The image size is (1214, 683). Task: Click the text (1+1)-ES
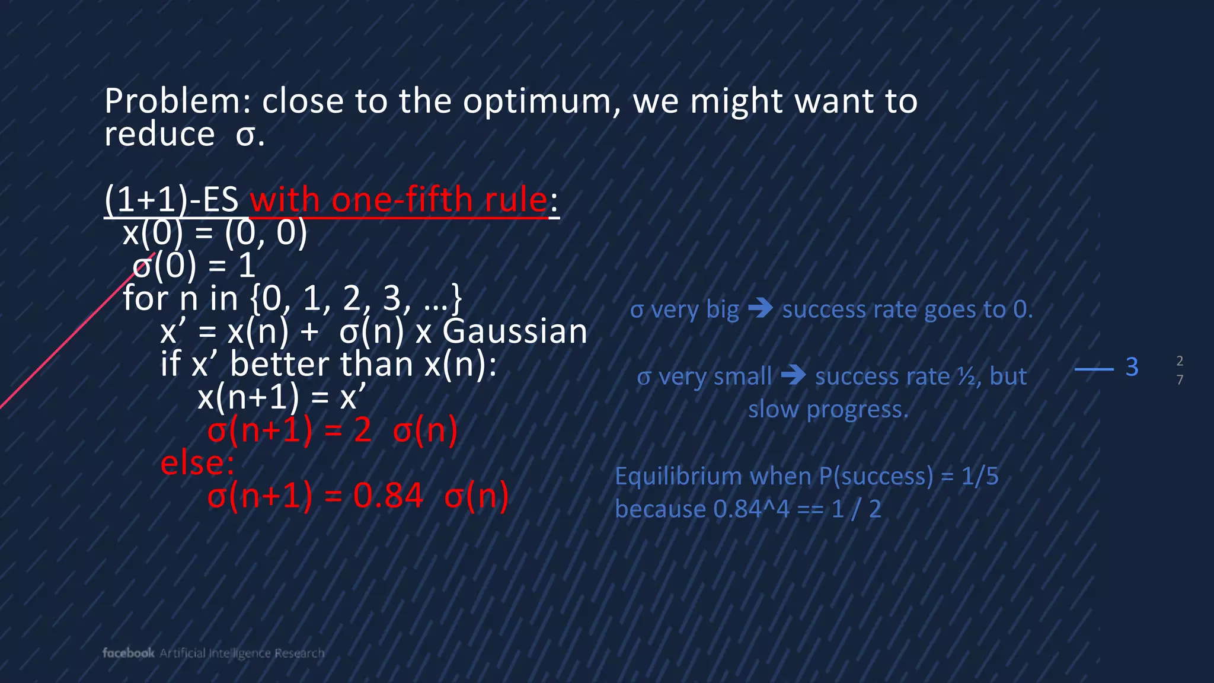click(x=171, y=200)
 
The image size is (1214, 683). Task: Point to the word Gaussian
click(x=515, y=331)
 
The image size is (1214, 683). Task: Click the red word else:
click(x=197, y=463)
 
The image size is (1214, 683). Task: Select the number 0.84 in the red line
click(x=388, y=496)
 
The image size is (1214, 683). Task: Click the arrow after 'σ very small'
click(x=793, y=375)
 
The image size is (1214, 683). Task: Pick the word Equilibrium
click(x=679, y=477)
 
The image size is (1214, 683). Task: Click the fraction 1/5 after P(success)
click(x=979, y=477)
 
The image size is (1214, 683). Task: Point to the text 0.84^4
click(x=751, y=509)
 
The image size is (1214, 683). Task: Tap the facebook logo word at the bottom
click(x=128, y=653)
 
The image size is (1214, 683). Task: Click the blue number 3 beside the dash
click(x=1132, y=367)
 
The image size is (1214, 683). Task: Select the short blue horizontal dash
click(x=1094, y=369)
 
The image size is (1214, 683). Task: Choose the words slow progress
click(x=828, y=409)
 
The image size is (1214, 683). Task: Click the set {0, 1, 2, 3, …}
click(x=356, y=298)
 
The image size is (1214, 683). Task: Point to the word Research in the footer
click(x=299, y=653)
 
